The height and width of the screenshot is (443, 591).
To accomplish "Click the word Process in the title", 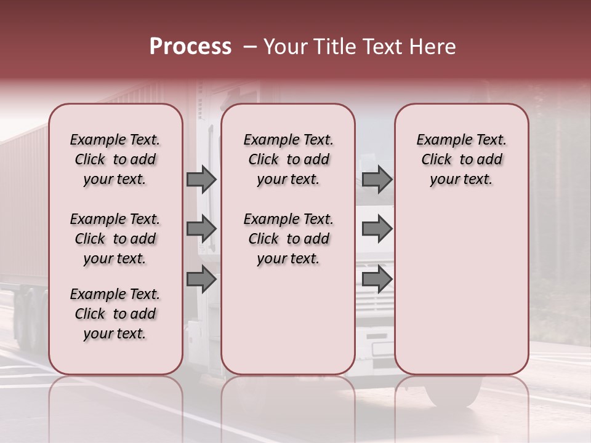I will tap(190, 46).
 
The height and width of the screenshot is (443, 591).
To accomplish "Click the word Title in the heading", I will tap(331, 47).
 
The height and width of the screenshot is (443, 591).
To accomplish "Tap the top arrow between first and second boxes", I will tap(201, 179).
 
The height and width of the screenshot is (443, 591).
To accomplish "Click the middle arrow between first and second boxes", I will tap(201, 229).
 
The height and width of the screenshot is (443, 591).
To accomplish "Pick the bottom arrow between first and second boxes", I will tap(201, 279).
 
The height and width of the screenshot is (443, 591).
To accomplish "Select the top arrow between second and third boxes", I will tap(377, 179).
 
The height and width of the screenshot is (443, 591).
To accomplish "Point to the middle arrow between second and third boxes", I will tap(377, 229).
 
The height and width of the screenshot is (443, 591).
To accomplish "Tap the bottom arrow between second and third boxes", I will tap(377, 279).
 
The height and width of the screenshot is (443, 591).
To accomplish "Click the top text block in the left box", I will tap(115, 159).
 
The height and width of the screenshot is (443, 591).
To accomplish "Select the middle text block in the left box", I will tap(115, 239).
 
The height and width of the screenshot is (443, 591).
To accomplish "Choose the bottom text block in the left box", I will tap(115, 314).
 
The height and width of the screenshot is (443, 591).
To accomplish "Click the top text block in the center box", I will tap(288, 159).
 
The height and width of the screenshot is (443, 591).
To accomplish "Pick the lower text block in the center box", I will tap(288, 239).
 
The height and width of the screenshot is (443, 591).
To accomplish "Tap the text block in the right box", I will tap(461, 159).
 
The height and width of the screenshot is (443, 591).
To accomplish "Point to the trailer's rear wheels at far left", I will tap(28, 320).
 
